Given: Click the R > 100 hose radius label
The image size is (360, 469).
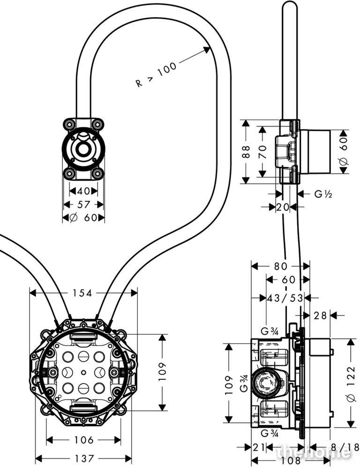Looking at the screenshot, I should point(157,75).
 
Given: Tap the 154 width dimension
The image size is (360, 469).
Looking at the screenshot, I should point(83,293).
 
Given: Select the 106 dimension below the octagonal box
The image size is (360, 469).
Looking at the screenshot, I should point(84,440).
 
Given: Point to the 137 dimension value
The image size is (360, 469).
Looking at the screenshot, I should point(84,458).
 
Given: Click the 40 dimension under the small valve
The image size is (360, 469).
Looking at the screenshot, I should point(83,191).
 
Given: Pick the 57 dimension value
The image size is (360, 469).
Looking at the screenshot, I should point(83,204).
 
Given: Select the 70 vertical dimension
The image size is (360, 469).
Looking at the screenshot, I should point(262,151).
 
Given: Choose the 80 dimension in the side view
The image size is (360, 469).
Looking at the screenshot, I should point(280,266).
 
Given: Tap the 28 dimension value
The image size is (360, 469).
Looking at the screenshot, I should point(321,316).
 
